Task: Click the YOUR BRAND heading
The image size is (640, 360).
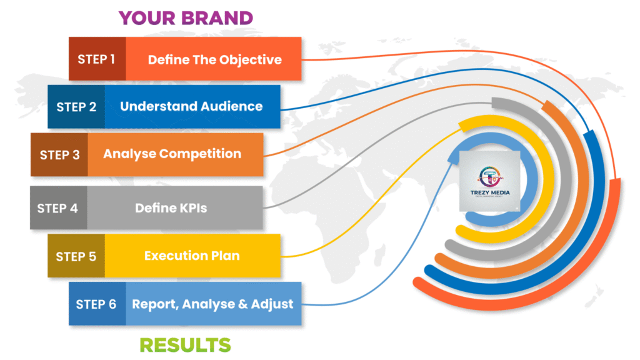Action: (x=186, y=17)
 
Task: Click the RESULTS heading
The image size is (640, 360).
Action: (x=185, y=344)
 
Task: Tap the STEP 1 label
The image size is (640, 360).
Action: (x=96, y=59)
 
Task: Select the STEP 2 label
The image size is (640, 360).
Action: (x=76, y=107)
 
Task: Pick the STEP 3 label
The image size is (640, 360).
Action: (x=59, y=154)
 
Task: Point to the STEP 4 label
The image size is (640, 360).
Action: (x=57, y=208)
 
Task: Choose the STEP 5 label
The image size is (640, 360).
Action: (x=76, y=256)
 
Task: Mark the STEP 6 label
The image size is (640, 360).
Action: (x=96, y=304)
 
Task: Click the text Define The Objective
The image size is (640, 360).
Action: (x=214, y=60)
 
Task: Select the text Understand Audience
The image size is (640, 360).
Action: (x=191, y=106)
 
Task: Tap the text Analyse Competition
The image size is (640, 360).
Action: (x=172, y=154)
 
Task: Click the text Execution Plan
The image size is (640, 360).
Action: (x=192, y=256)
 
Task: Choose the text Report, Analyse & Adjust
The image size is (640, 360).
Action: (x=212, y=304)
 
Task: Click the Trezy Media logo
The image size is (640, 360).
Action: (x=489, y=181)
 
